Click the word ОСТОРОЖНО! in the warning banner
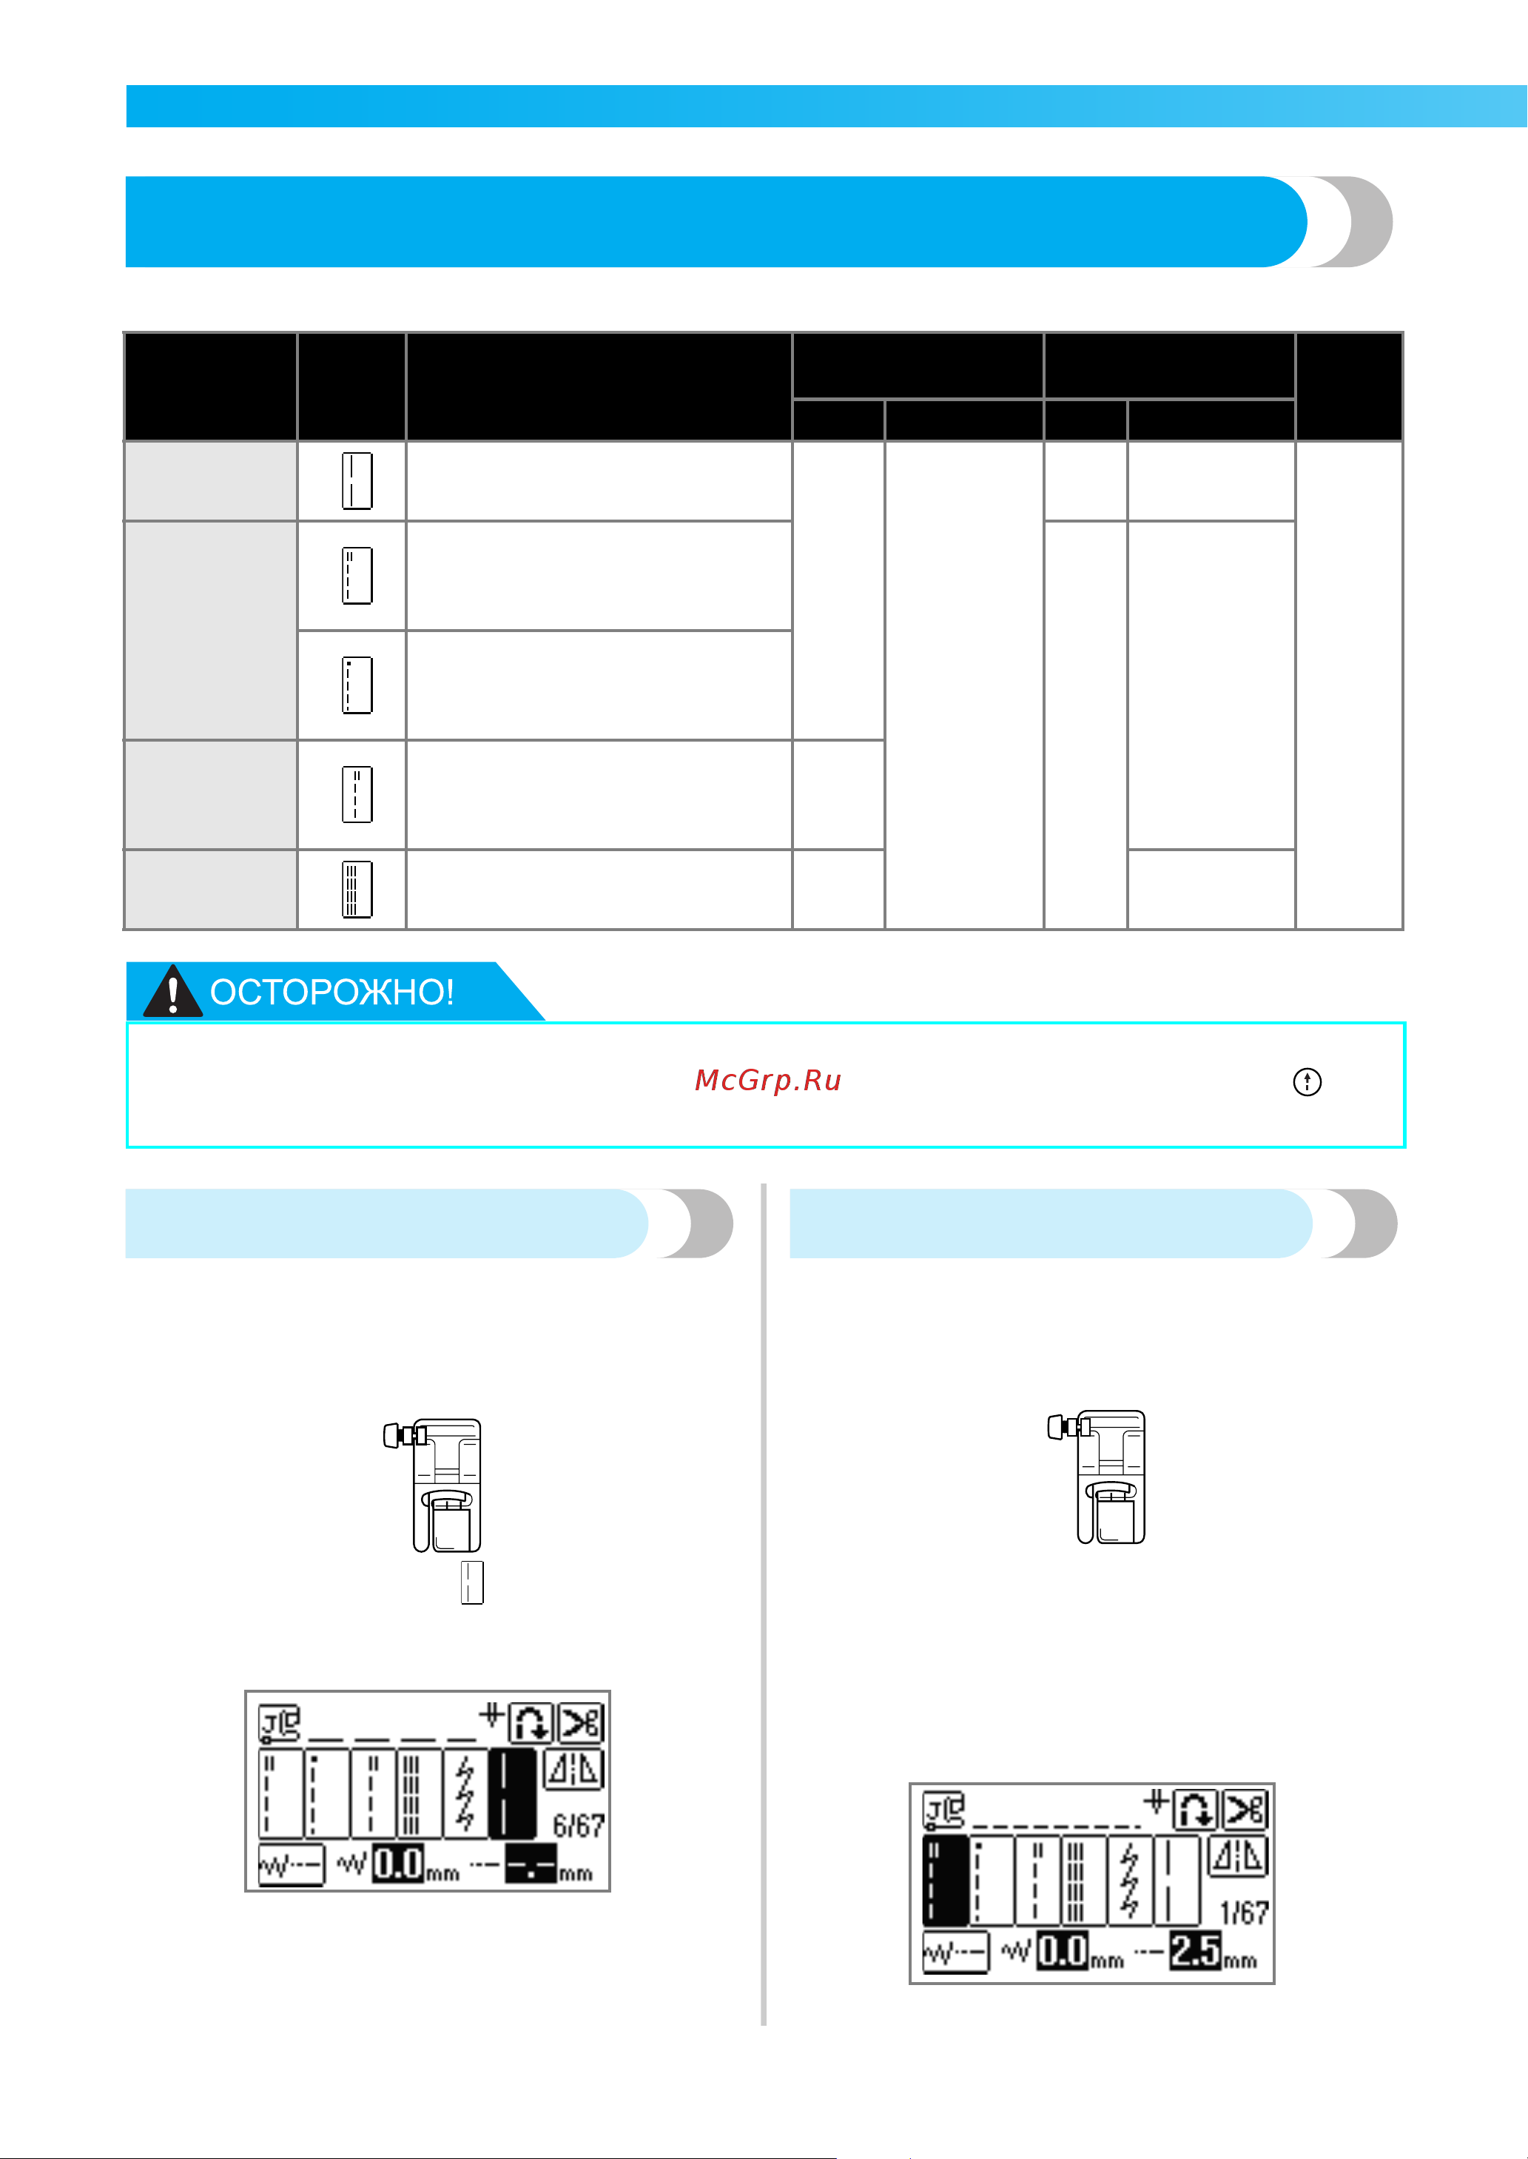point(332,992)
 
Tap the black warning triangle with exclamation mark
point(172,991)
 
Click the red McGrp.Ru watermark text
point(768,1081)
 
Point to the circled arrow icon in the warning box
point(1307,1082)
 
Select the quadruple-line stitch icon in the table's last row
point(357,890)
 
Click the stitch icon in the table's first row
point(357,481)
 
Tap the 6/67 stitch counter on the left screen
point(578,1826)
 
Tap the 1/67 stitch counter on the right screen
point(1244,1913)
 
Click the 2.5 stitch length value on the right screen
point(1195,1950)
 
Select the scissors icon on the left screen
point(581,1723)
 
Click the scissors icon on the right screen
point(1245,1810)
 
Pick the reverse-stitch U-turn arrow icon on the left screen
point(531,1723)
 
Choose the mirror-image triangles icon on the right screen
point(1238,1857)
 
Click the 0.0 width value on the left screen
point(399,1864)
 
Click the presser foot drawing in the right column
point(1098,1476)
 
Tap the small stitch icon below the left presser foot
point(472,1582)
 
